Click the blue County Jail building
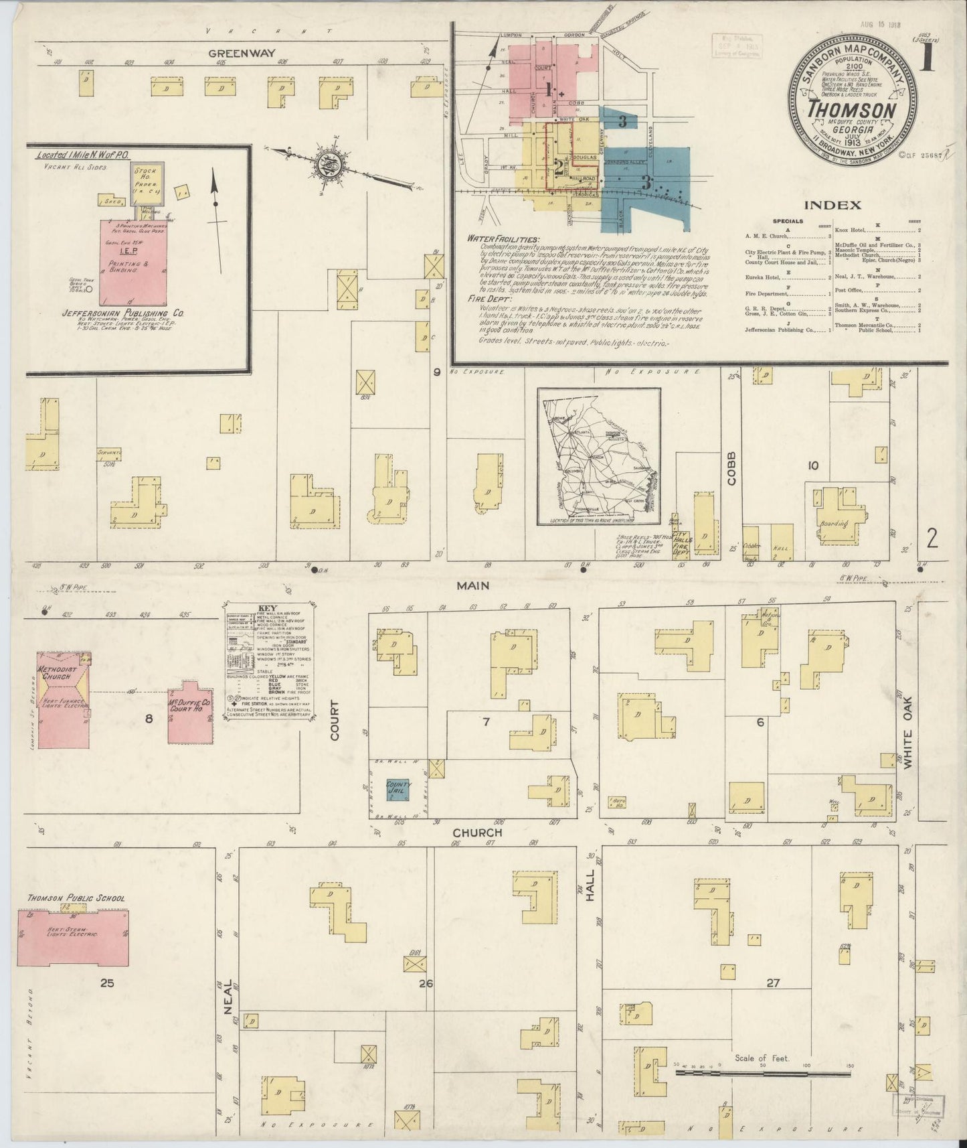[x=399, y=788]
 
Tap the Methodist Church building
[x=64, y=700]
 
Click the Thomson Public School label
[x=76, y=898]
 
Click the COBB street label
[x=731, y=465]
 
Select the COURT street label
[x=335, y=720]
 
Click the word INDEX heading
[x=832, y=205]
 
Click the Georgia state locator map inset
[x=598, y=457]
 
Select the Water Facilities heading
[x=502, y=239]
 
